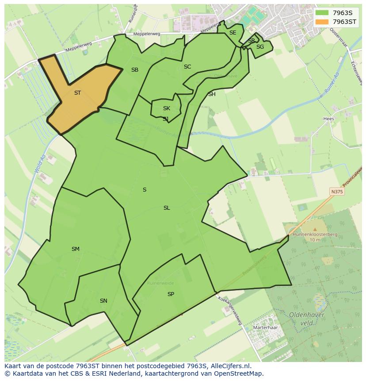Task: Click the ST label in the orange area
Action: [77, 93]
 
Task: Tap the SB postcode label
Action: [135, 70]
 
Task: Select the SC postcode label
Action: [187, 67]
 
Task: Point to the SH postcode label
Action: [212, 94]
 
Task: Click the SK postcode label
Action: [166, 108]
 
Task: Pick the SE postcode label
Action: [233, 33]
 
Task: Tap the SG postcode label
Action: [260, 47]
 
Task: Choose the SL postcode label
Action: [167, 208]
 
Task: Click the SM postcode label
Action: [76, 249]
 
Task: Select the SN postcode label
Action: [103, 301]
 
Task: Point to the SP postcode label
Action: [171, 294]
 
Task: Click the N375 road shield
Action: [337, 192]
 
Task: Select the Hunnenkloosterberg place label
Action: [315, 234]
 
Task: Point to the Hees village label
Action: [328, 119]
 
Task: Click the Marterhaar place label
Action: [265, 328]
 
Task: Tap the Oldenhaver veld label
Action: [307, 319]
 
